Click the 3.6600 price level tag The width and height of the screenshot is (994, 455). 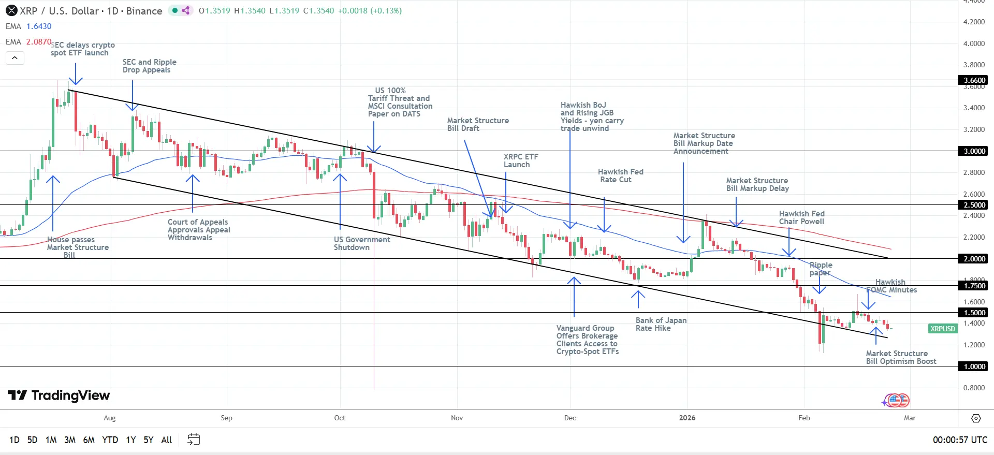tap(974, 80)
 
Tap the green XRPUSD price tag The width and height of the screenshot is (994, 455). tap(942, 329)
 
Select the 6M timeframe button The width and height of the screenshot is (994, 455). tap(89, 440)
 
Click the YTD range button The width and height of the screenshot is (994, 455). tap(110, 440)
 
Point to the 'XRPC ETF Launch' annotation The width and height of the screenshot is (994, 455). tap(520, 160)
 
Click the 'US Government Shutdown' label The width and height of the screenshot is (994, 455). tap(361, 243)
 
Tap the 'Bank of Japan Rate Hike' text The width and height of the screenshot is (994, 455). tap(661, 324)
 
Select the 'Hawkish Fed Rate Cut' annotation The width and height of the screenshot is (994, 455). tap(620, 175)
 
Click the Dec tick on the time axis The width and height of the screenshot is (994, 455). tap(569, 418)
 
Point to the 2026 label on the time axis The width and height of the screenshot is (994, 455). tap(687, 418)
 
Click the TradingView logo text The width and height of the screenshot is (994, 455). tap(59, 395)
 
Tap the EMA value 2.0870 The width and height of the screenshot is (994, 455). tap(39, 42)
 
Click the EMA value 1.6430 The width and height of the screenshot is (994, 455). tap(39, 26)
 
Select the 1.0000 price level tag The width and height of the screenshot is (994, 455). tap(974, 366)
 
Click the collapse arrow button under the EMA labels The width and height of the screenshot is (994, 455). tap(15, 58)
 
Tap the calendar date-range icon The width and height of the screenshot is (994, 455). tap(194, 439)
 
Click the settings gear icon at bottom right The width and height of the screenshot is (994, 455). tap(976, 418)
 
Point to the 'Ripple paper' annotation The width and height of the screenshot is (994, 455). tap(821, 269)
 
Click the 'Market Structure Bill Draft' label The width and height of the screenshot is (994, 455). tap(477, 124)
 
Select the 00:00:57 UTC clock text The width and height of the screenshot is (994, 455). tap(959, 440)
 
